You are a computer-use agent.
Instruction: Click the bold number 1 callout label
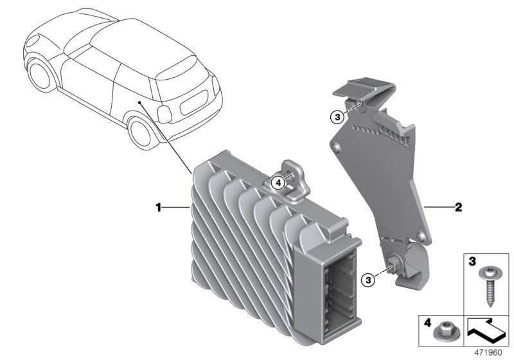(158, 207)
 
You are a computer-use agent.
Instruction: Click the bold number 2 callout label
(458, 207)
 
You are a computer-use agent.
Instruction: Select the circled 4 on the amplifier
(278, 183)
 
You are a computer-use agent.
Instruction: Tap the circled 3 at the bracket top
(338, 117)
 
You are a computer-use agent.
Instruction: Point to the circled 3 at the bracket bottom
(368, 280)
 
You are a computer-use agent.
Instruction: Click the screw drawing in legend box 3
(487, 286)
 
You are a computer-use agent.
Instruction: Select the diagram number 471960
(488, 353)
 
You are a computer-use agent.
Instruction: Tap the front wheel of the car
(40, 75)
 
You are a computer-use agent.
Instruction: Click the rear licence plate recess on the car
(194, 102)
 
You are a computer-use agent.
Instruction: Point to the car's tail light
(164, 114)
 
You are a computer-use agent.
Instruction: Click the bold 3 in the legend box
(472, 262)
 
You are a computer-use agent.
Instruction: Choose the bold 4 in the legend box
(428, 323)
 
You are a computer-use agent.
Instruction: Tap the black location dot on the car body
(139, 102)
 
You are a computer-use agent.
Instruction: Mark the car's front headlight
(33, 40)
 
